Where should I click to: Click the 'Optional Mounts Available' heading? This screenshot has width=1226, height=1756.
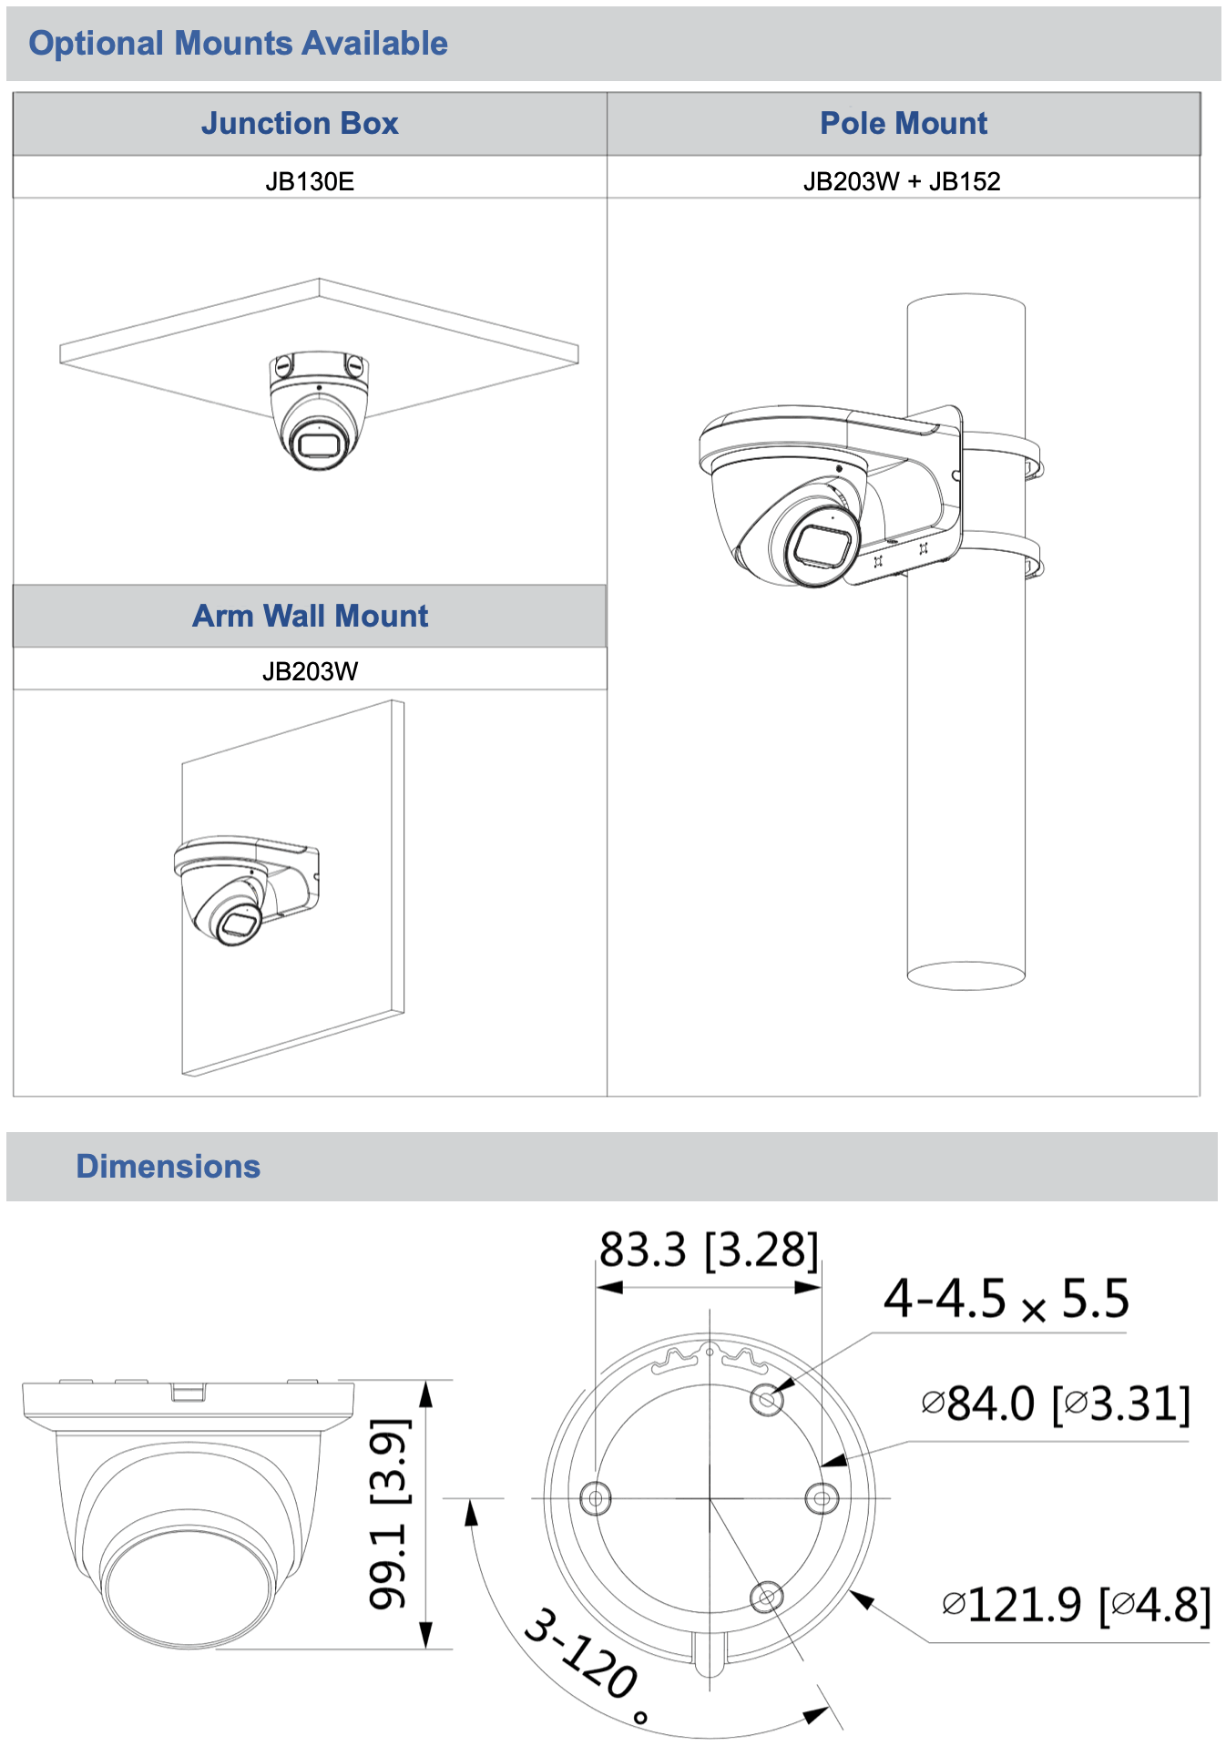(x=238, y=43)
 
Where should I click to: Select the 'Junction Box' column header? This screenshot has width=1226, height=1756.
(x=300, y=123)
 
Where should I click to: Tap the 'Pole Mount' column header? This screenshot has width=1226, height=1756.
(x=904, y=123)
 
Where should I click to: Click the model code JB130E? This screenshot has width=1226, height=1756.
(x=310, y=181)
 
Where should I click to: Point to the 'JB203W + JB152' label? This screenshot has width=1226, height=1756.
(x=902, y=181)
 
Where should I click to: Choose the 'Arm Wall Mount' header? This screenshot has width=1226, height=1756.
(x=310, y=616)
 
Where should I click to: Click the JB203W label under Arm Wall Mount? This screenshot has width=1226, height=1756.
(x=310, y=671)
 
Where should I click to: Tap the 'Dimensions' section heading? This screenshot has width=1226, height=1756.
(x=169, y=1166)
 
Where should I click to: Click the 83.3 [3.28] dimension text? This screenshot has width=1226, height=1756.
(x=709, y=1250)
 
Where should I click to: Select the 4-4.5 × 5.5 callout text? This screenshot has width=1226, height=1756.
(x=1006, y=1299)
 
